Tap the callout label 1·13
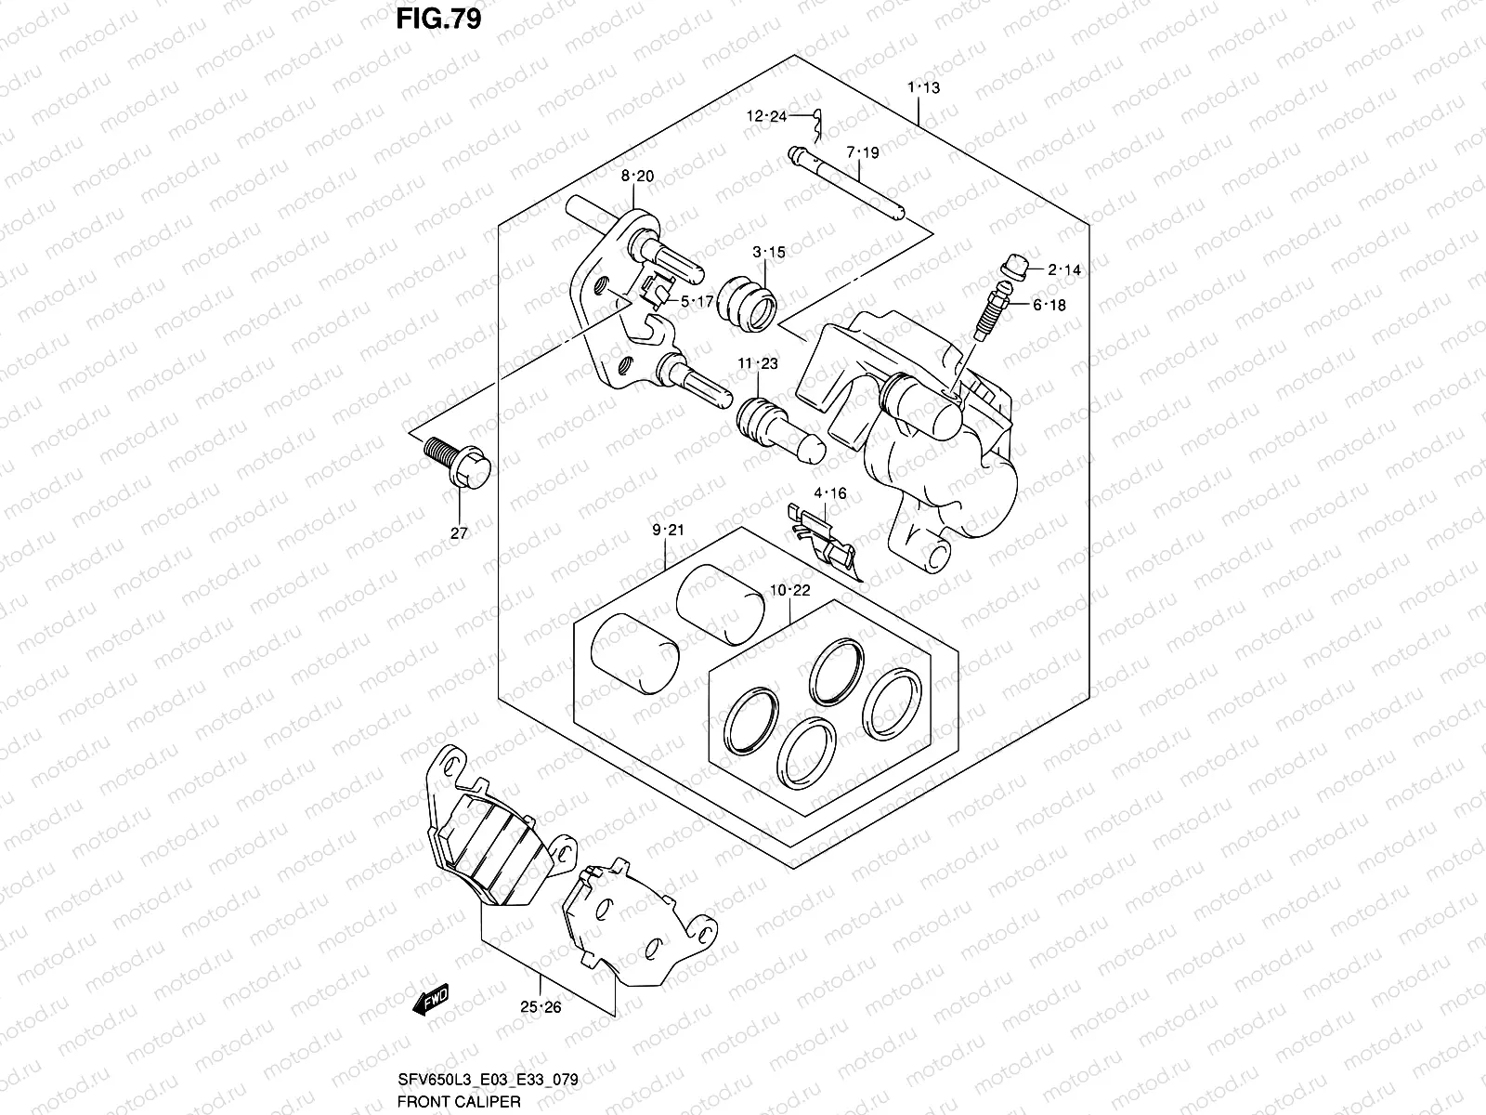(923, 88)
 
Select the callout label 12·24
(766, 116)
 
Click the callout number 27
(459, 532)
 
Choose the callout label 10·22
(789, 590)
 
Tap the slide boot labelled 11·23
(778, 427)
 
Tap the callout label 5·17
(696, 301)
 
